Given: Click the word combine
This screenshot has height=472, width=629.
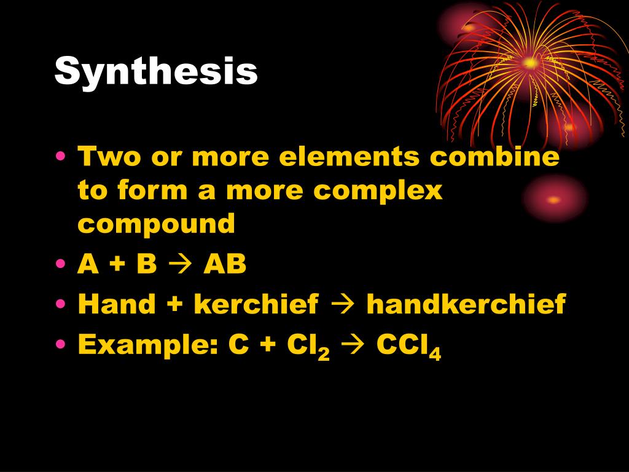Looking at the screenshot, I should (494, 157).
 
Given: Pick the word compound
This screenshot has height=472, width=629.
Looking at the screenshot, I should (157, 224).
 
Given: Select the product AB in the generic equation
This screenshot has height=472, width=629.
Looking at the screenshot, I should (225, 265).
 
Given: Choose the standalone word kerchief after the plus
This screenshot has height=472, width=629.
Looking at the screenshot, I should (257, 304).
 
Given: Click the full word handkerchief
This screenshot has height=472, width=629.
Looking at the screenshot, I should (466, 304).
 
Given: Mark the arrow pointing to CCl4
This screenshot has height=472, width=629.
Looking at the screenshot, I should (353, 345).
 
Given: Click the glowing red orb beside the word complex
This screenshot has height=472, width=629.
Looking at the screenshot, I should (554, 199).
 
